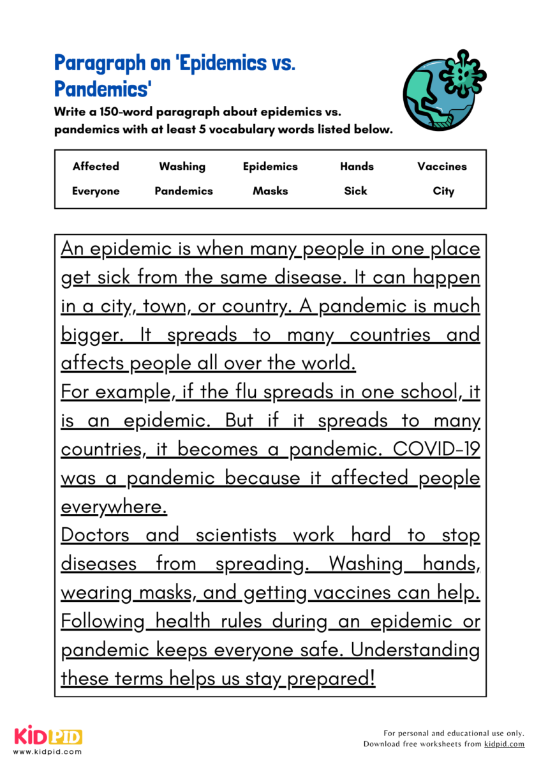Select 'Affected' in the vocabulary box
(96, 167)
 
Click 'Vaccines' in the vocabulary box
(442, 167)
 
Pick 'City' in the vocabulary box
(443, 191)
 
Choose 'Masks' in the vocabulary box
(270, 191)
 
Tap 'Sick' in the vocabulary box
(355, 191)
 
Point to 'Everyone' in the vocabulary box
(96, 191)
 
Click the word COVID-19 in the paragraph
(436, 449)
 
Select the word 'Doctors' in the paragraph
(95, 535)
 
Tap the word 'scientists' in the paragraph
(236, 535)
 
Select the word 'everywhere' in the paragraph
(114, 506)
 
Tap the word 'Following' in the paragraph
(103, 621)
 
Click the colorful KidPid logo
(48, 737)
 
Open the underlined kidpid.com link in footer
(503, 744)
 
